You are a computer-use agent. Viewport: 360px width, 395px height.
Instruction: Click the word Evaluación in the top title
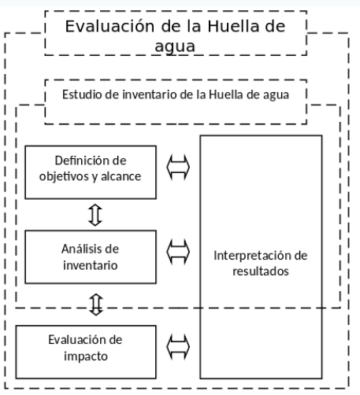tap(109, 26)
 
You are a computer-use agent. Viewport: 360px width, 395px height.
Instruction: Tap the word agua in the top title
tap(175, 46)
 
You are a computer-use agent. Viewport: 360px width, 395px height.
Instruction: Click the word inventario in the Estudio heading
tap(150, 94)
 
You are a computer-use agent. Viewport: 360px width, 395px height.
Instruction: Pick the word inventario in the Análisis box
tap(91, 265)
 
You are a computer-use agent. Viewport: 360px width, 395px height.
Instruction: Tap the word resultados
tap(261, 271)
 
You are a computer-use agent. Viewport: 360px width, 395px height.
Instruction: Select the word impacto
tap(86, 356)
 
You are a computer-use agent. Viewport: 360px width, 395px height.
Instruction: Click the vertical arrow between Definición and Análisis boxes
tap(95, 215)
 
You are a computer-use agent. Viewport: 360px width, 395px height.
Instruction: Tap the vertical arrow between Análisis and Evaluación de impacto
tap(96, 305)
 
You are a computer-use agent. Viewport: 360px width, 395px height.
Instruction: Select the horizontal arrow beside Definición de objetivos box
tap(178, 167)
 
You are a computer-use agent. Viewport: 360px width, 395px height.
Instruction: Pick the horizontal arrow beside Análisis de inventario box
tap(178, 252)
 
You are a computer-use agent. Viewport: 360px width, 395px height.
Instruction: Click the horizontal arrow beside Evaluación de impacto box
tap(178, 347)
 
